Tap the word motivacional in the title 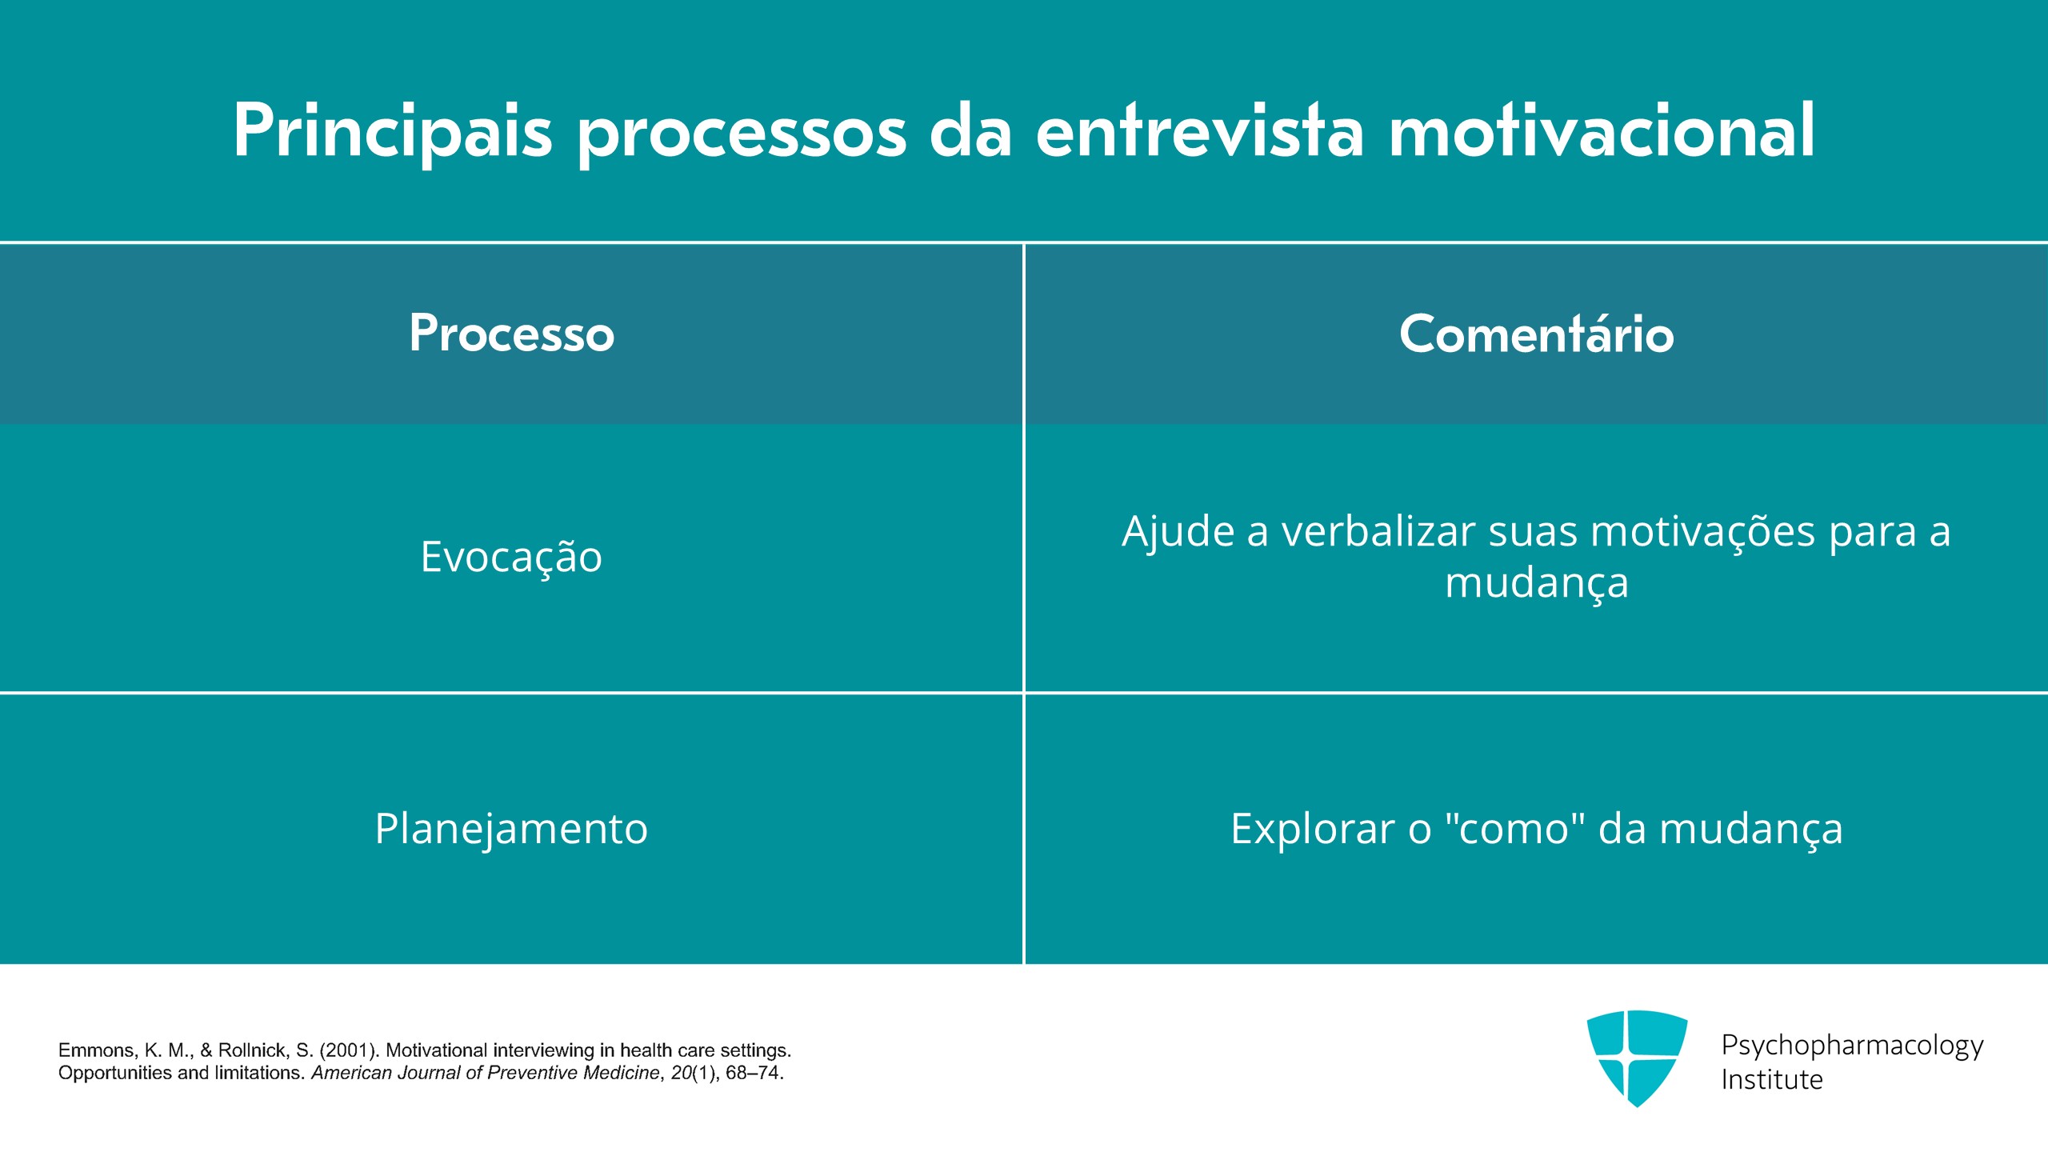(x=1602, y=130)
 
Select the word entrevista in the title (x=1200, y=130)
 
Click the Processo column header (x=512, y=333)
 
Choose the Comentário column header (x=1537, y=333)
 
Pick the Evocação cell (x=511, y=558)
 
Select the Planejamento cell (x=511, y=829)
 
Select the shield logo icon (x=1637, y=1058)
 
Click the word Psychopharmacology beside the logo (x=1852, y=1046)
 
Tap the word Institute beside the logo (x=1772, y=1080)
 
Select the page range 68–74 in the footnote (x=754, y=1073)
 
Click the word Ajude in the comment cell (x=1178, y=533)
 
